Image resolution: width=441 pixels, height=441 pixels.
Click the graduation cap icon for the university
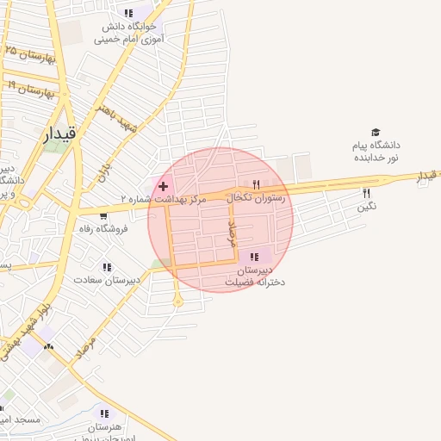[x=375, y=132]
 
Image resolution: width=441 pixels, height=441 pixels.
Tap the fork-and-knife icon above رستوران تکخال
[x=256, y=184]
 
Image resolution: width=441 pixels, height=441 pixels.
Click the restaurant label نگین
[x=368, y=206]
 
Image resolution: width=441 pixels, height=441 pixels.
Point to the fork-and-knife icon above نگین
[x=366, y=193]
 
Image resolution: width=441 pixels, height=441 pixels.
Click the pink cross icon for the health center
[x=163, y=186]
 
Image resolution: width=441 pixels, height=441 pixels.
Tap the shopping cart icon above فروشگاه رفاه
[x=103, y=216]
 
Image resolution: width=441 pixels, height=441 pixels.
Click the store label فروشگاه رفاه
[x=102, y=228]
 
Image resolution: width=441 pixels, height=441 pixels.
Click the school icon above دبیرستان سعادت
[x=106, y=267]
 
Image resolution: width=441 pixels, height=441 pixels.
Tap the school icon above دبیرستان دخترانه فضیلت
[x=253, y=256]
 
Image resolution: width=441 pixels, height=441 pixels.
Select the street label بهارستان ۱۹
[x=30, y=88]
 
